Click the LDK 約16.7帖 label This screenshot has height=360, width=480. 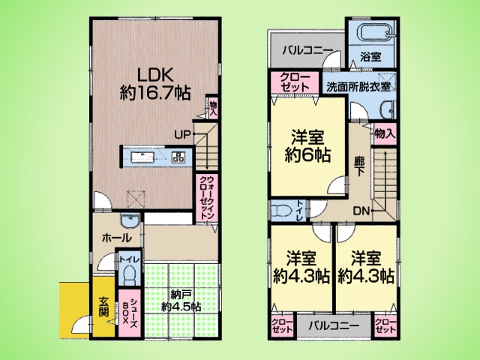coord(155,83)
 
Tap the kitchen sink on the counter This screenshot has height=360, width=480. coord(142,157)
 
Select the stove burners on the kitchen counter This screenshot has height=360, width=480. coord(178,157)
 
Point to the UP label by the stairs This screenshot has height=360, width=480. coord(182,134)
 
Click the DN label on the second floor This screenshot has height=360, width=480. coord(361,211)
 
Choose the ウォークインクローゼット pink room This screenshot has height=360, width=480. coord(207,197)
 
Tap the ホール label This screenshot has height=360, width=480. coord(117,238)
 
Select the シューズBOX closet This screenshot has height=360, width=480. coord(129,313)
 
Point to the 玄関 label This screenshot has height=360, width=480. coord(103,307)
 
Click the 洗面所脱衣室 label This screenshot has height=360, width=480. coord(358,87)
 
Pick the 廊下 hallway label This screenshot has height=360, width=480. coord(359,166)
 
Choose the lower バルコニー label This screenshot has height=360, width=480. coord(333,325)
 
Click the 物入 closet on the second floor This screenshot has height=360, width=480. coord(385,133)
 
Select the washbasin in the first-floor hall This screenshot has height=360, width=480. coord(130,220)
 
